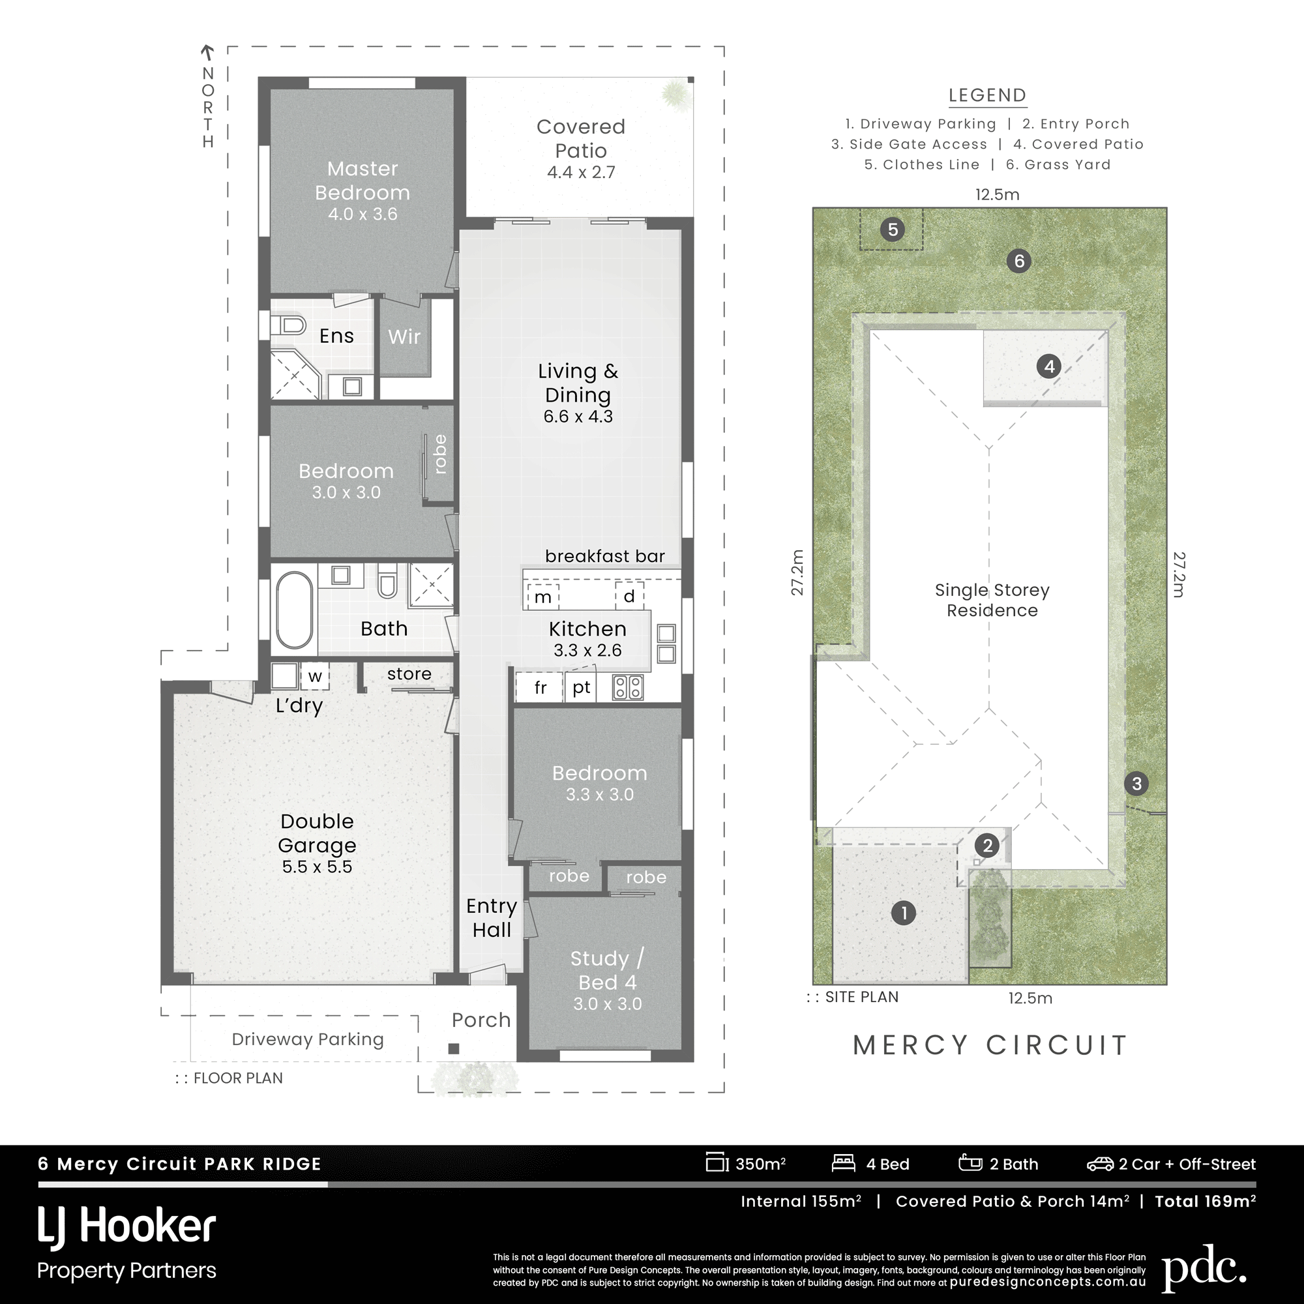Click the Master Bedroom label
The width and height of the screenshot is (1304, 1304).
pyautogui.click(x=363, y=181)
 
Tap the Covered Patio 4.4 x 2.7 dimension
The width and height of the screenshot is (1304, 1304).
pyautogui.click(x=580, y=173)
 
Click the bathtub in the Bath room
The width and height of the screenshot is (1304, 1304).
pyautogui.click(x=294, y=610)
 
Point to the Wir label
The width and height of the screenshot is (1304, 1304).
pyautogui.click(x=404, y=336)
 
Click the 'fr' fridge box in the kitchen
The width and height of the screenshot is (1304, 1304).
pyautogui.click(x=540, y=688)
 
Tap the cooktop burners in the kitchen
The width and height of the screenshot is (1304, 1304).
pyautogui.click(x=628, y=688)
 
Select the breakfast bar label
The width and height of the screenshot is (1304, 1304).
pyautogui.click(x=605, y=556)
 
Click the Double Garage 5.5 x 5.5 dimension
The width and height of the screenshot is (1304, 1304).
pyautogui.click(x=317, y=867)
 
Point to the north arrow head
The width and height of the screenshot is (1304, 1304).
pyautogui.click(x=208, y=50)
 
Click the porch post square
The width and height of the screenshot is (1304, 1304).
pyautogui.click(x=454, y=1049)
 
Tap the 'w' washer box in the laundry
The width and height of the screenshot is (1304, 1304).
pyautogui.click(x=314, y=676)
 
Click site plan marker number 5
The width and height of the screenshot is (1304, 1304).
pyautogui.click(x=893, y=230)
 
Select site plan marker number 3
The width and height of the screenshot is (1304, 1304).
pyautogui.click(x=1136, y=784)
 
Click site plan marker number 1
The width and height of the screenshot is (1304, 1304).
pyautogui.click(x=904, y=913)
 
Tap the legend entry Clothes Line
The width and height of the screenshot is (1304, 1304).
pyautogui.click(x=922, y=165)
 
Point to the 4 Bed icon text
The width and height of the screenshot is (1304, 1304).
pyautogui.click(x=887, y=1164)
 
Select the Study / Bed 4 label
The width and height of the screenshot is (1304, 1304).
pyautogui.click(x=607, y=970)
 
